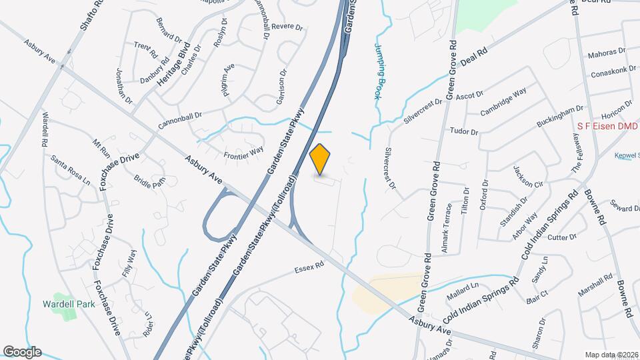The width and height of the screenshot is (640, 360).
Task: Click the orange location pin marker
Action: pos(321,159)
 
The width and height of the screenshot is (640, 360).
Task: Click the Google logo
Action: pos(21,352)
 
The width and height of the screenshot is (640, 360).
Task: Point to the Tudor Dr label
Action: pos(465,131)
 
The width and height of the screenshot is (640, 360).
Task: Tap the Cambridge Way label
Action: pos(503,101)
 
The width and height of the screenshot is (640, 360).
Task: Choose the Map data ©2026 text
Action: pos(611,355)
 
